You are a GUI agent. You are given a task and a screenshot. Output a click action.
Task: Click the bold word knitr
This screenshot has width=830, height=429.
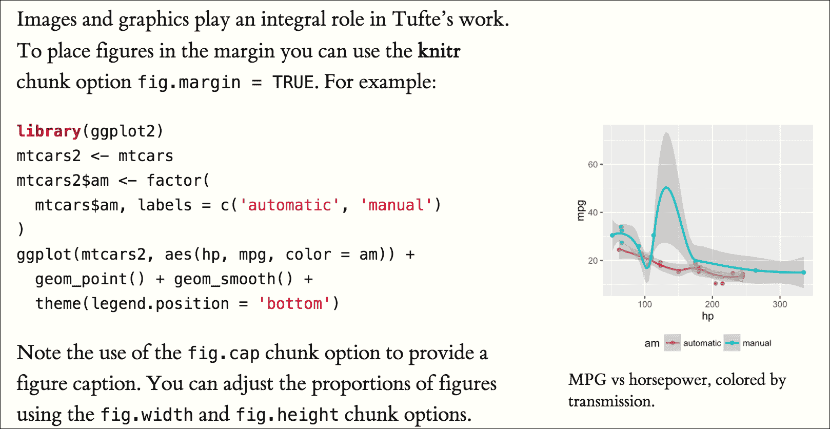pyautogui.click(x=439, y=51)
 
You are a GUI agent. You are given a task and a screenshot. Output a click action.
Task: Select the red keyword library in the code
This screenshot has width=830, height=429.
pyautogui.click(x=49, y=131)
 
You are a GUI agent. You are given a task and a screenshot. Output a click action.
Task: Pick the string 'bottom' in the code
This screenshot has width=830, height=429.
pyautogui.click(x=294, y=304)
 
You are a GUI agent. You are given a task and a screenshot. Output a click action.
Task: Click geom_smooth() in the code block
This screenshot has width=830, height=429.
pyautogui.click(x=233, y=279)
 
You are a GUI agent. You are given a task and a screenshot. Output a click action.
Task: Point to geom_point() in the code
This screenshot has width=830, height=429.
pyautogui.click(x=90, y=279)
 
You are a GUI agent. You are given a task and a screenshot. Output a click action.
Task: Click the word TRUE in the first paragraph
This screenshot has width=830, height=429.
pyautogui.click(x=292, y=82)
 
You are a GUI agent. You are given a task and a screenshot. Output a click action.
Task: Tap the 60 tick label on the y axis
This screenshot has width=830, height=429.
pyautogui.click(x=592, y=165)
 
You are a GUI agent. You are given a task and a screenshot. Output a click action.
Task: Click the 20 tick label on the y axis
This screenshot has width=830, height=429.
pyautogui.click(x=592, y=261)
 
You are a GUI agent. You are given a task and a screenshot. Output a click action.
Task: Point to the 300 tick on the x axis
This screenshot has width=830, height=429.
pyautogui.click(x=780, y=304)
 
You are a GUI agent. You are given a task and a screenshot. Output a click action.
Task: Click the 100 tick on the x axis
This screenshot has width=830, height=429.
pyautogui.click(x=645, y=304)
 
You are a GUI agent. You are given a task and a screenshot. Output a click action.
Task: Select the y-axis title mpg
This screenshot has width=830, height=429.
pyautogui.click(x=581, y=210)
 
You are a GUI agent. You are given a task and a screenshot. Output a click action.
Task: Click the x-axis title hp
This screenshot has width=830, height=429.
pyautogui.click(x=707, y=316)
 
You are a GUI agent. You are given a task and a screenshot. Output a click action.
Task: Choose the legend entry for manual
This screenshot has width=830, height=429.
pyautogui.click(x=757, y=343)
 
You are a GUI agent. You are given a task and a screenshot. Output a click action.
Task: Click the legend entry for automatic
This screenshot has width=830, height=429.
pyautogui.click(x=702, y=343)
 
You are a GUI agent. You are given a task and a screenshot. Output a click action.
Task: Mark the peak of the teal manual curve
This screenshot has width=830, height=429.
pyautogui.click(x=666, y=187)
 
